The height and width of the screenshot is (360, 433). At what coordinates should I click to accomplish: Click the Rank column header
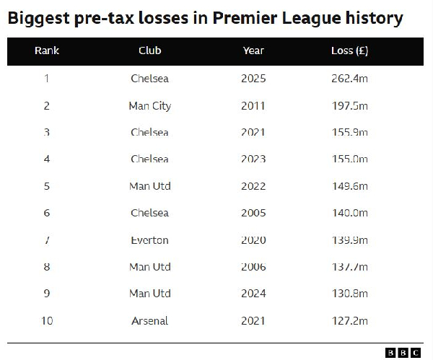pos(47,51)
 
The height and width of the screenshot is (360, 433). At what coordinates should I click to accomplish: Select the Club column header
pos(149,51)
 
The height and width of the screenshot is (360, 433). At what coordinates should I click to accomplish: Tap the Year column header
pos(253,51)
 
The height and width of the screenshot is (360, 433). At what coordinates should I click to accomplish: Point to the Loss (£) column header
pos(349,51)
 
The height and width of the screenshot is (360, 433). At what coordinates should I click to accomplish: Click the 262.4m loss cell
pos(349,79)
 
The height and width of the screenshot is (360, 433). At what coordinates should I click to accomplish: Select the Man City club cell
pos(149,106)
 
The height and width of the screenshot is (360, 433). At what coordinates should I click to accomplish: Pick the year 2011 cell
pos(253,106)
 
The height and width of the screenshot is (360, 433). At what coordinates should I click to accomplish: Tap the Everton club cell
pos(149,240)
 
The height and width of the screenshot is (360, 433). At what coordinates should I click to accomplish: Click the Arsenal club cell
pos(149,320)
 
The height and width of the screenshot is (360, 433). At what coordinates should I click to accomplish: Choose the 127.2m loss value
pos(349,320)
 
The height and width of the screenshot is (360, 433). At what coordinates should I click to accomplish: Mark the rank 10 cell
pos(47,320)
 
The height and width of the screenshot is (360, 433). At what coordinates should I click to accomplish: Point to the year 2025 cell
pos(253,79)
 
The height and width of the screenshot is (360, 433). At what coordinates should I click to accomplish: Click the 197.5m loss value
pos(349,106)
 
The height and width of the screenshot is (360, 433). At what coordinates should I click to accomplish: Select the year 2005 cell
pos(253,213)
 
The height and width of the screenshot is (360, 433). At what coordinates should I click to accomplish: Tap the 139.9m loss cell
pos(349,240)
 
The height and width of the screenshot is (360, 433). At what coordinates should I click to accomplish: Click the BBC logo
pos(403,352)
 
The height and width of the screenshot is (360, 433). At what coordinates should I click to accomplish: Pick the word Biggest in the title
pos(40,18)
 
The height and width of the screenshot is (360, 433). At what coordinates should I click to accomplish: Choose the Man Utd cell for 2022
pos(149,186)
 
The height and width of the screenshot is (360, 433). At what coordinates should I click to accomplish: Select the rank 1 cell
pos(47,79)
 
